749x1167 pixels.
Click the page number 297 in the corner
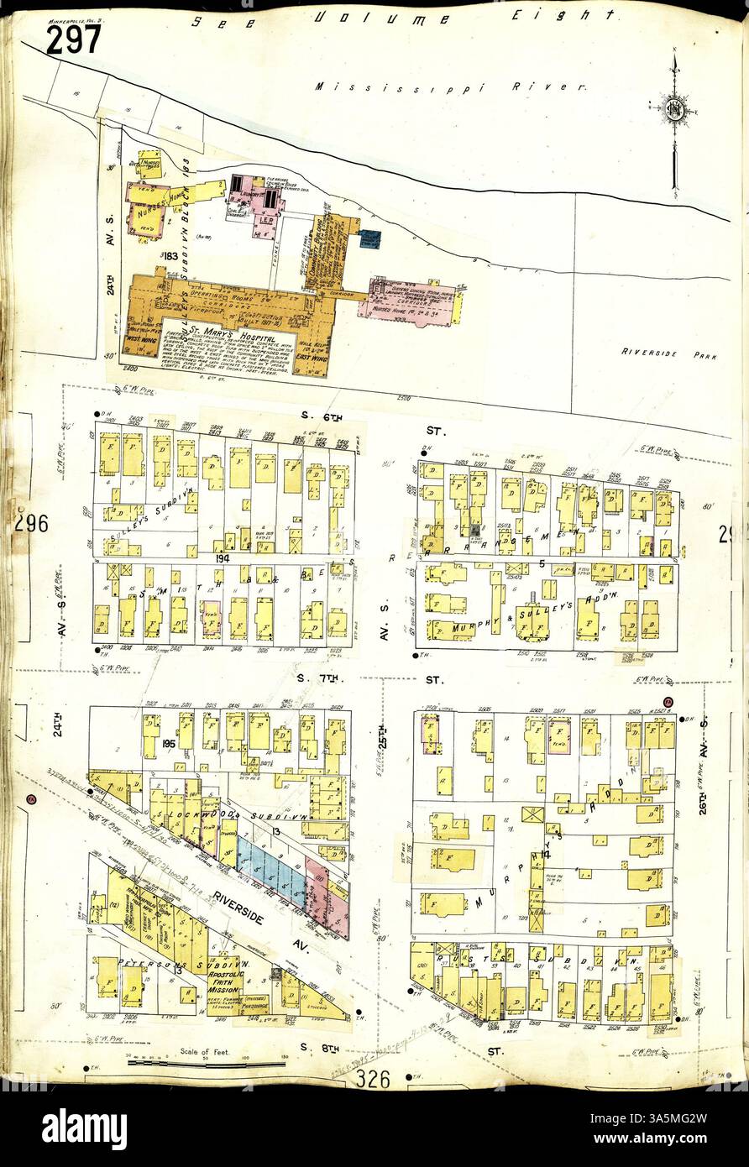73,39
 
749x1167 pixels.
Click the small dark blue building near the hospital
369,240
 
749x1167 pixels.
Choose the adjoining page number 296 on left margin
31,524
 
